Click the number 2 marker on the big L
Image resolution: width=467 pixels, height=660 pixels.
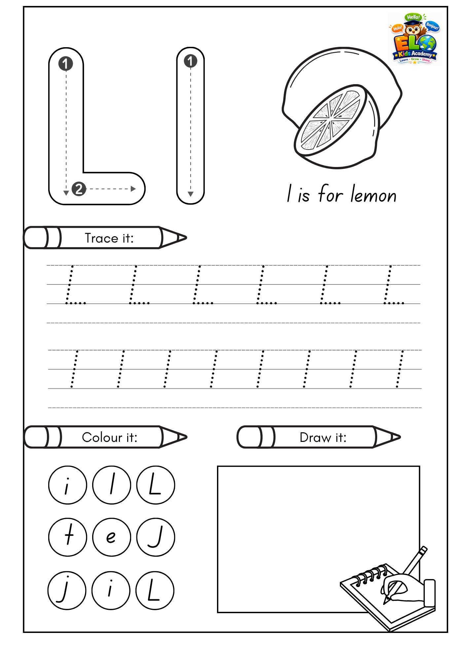pos(79,189)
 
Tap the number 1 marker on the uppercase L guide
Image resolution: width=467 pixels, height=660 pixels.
pos(65,64)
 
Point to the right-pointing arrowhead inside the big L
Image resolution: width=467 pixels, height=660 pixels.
pos(133,189)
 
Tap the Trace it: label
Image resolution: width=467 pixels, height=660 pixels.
pos(109,238)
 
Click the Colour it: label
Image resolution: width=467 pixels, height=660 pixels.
pos(110,437)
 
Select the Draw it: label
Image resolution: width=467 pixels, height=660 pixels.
pos(323,437)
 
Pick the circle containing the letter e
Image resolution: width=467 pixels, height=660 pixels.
pos(112,537)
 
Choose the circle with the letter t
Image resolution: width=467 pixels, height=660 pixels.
pos(68,537)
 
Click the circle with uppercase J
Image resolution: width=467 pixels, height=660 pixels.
pos(156,537)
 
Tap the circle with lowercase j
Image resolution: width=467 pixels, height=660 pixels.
pos(67,590)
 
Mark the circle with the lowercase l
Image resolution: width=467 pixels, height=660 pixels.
pos(112,485)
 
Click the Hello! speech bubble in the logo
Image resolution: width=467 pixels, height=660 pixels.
pos(413,17)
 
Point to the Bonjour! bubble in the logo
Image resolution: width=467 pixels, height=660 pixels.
pos(432,26)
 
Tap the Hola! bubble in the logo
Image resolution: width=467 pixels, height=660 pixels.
pos(397,28)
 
